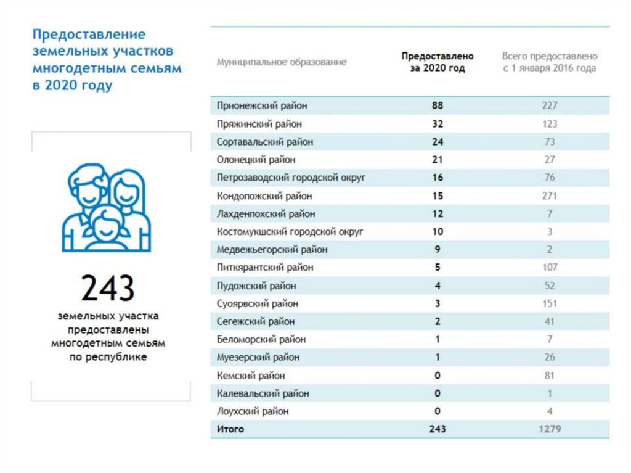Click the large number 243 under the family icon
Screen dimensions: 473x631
tap(108, 287)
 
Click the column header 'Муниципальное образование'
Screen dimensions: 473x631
tap(281, 62)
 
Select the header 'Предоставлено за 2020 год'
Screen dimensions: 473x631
tap(438, 62)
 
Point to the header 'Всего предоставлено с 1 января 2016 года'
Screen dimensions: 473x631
tap(549, 62)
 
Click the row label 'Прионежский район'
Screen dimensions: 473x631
tap(262, 105)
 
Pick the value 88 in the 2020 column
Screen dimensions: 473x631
tap(438, 105)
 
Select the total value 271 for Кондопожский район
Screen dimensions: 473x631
tap(549, 196)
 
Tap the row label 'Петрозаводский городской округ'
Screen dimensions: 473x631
tap(291, 178)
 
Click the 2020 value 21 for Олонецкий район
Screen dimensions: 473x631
tap(438, 160)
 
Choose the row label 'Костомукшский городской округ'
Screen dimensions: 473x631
tap(290, 232)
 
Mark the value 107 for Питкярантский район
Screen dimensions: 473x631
tap(549, 268)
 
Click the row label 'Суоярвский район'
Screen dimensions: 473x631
tap(258, 303)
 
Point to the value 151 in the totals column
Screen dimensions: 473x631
tap(549, 303)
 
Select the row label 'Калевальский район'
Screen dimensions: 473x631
tap(263, 393)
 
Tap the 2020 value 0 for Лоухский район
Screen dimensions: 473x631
tap(438, 411)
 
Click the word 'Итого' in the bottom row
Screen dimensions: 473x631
tap(230, 429)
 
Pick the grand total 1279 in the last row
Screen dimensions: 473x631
tap(549, 429)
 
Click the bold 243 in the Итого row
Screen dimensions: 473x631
tap(438, 429)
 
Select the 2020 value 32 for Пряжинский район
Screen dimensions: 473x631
tap(438, 124)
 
